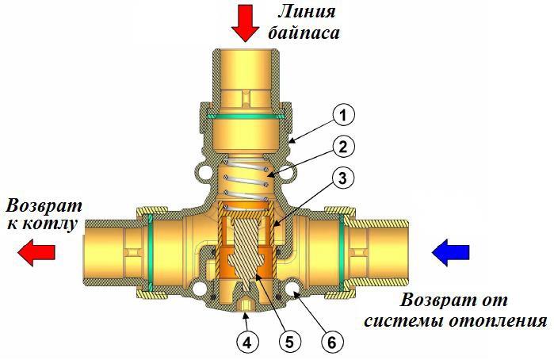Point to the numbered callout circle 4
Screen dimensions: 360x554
point(247,343)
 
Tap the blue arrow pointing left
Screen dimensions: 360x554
point(449,253)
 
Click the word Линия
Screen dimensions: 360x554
point(307,13)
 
